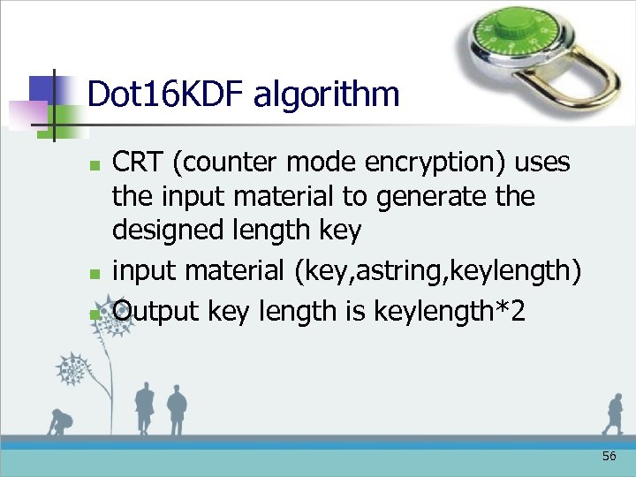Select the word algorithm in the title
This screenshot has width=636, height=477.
(326, 94)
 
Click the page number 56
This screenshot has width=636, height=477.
(609, 457)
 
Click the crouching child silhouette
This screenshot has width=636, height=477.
(61, 422)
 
